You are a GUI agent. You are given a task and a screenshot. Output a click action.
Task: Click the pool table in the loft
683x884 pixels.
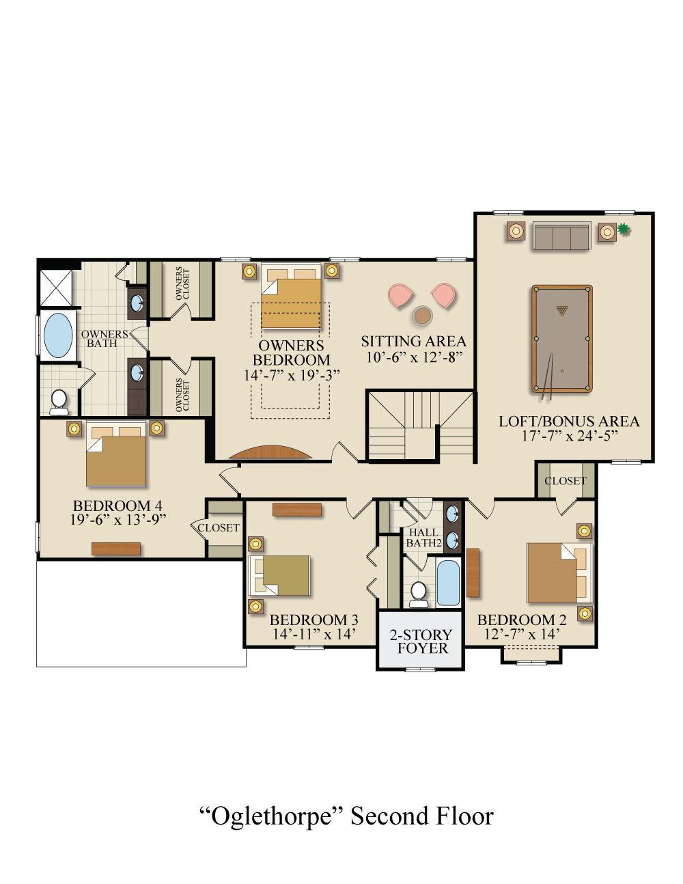561,339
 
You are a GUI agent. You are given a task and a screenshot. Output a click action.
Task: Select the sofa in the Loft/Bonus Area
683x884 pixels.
561,236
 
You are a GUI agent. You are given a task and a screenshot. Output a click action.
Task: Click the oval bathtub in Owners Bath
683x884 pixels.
58,335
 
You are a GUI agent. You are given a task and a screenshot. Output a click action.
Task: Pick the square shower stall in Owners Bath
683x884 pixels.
56,287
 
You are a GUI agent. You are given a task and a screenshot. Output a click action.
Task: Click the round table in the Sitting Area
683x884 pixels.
422,315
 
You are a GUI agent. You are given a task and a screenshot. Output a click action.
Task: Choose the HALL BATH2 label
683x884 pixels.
423,538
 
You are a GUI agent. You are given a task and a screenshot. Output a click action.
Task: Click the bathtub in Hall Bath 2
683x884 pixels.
448,583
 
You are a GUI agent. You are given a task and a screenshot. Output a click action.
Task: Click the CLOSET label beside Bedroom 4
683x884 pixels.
219,527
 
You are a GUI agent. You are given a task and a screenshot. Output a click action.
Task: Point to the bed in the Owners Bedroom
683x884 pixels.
291,295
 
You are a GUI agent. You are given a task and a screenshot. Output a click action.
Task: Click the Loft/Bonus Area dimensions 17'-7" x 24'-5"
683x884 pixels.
569,436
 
